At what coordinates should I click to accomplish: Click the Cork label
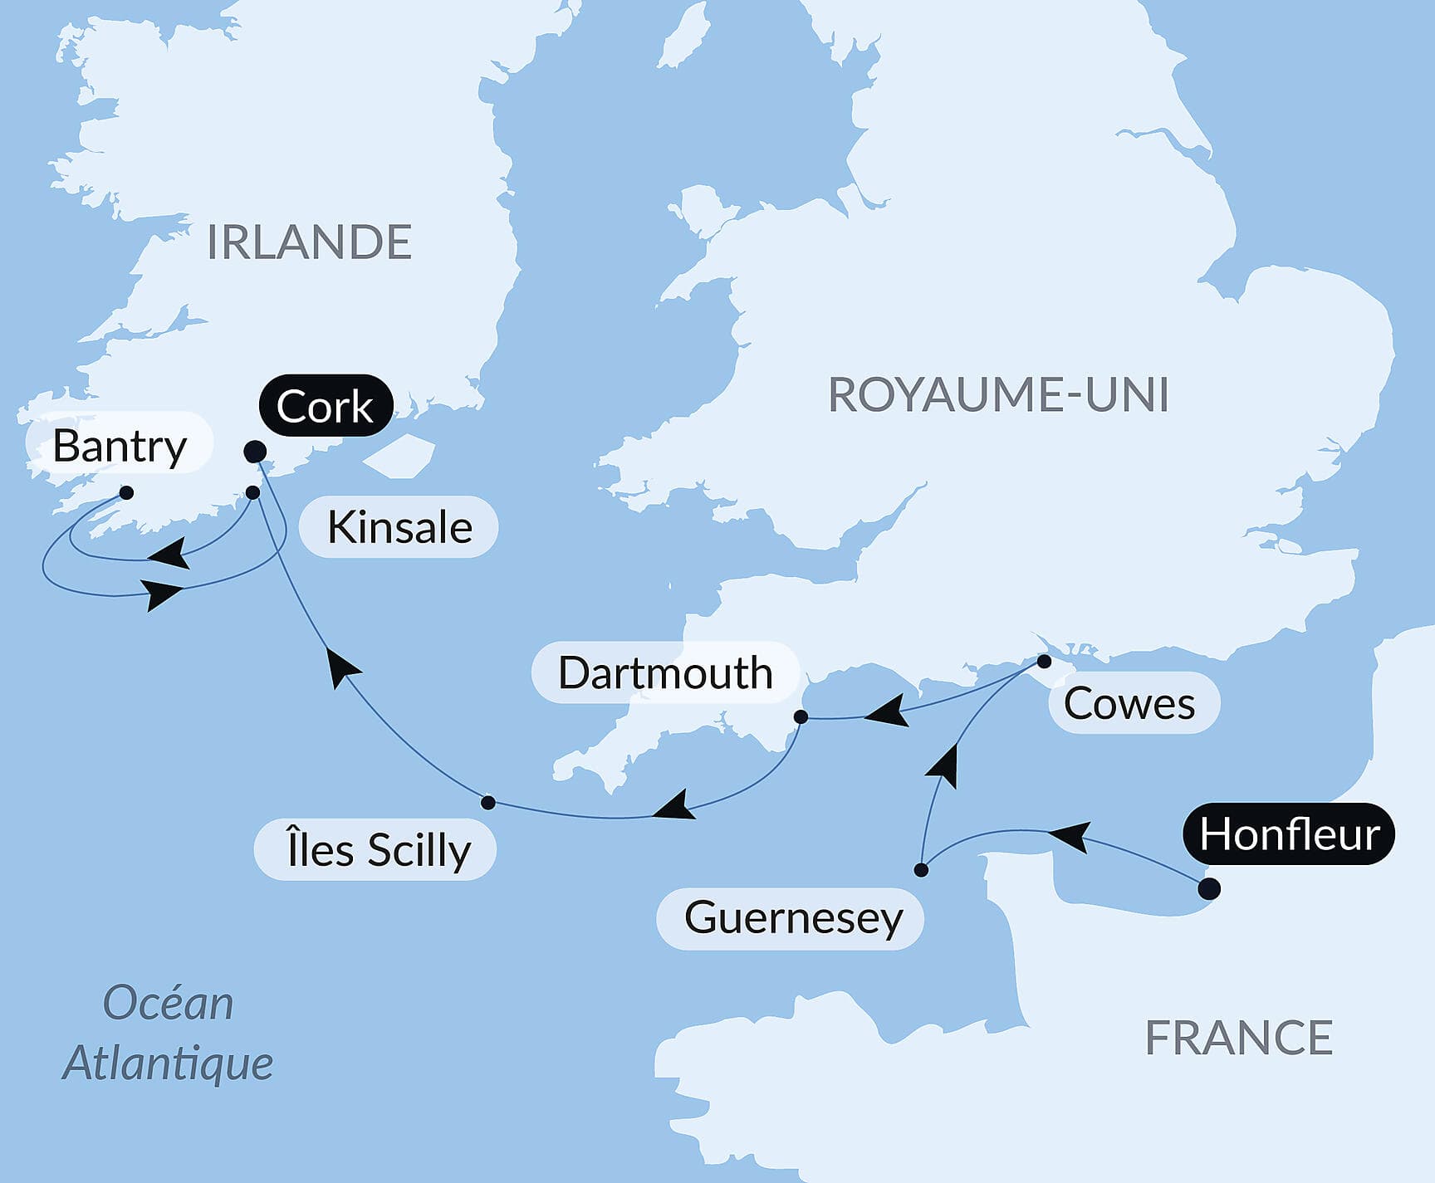point(325,406)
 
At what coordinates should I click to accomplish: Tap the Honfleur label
point(1289,834)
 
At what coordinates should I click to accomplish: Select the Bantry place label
point(120,446)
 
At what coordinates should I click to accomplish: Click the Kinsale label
point(399,527)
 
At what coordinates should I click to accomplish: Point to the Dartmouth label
point(665,672)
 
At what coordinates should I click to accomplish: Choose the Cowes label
point(1129,703)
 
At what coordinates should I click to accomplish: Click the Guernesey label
point(793,918)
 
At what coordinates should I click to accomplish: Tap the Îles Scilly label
point(378,850)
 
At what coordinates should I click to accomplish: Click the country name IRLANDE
point(309,242)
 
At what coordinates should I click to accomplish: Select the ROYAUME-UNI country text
point(998,394)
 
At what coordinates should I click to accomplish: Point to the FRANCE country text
point(1238,1038)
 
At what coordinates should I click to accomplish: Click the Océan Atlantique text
point(169,1032)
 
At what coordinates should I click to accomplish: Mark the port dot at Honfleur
point(1210,889)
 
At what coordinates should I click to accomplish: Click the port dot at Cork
point(255,452)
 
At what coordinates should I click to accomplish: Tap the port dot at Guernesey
point(921,870)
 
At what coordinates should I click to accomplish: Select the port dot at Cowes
point(1045,662)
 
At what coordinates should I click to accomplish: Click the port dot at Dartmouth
point(801,716)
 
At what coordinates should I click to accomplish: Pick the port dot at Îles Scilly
point(488,802)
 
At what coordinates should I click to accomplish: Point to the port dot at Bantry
point(126,492)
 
